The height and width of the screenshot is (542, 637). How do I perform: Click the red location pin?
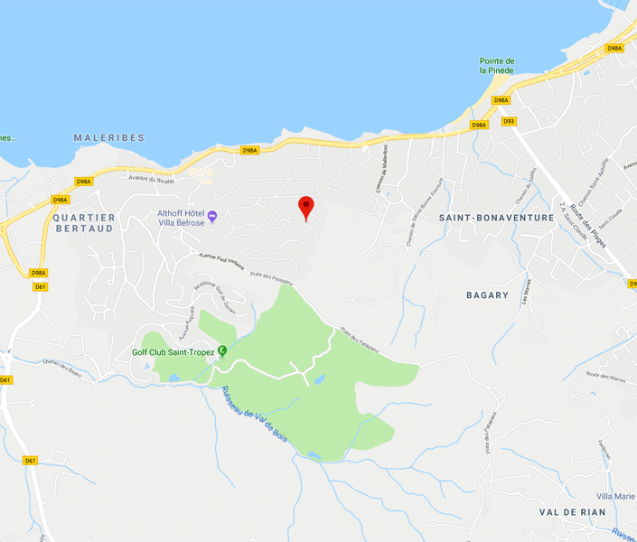(306, 207)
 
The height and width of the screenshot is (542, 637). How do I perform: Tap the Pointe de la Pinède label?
(497, 66)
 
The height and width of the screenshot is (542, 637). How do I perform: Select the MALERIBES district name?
(108, 137)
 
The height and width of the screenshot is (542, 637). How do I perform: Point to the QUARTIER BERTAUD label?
(83, 223)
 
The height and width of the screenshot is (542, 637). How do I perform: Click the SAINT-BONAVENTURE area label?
(496, 218)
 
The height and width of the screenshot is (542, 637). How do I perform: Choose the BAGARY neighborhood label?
(488, 295)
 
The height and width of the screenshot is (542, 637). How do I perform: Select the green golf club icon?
(222, 352)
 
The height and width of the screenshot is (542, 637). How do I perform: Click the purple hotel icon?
(212, 215)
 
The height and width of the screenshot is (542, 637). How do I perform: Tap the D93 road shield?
(509, 121)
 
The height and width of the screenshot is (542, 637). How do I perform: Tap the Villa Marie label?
(615, 497)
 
